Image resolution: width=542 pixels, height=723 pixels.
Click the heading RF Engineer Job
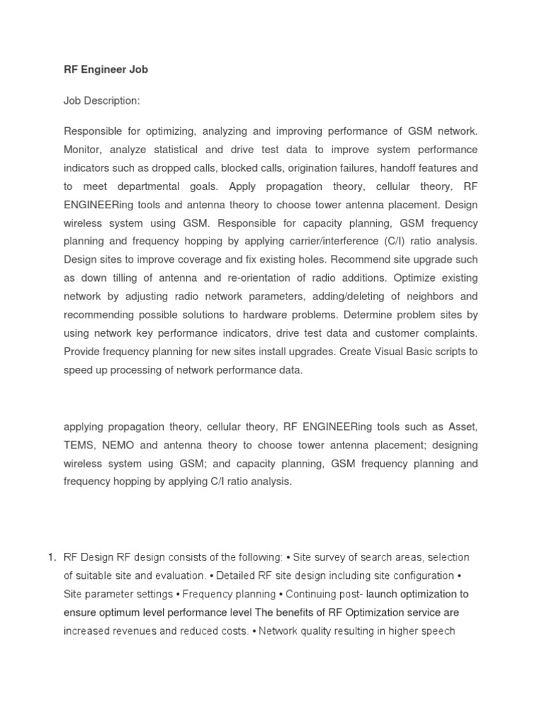(106, 70)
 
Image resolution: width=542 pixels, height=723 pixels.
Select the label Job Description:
(102, 101)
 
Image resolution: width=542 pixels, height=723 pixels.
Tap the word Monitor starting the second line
(83, 150)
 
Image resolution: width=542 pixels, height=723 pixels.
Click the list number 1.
(52, 557)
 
